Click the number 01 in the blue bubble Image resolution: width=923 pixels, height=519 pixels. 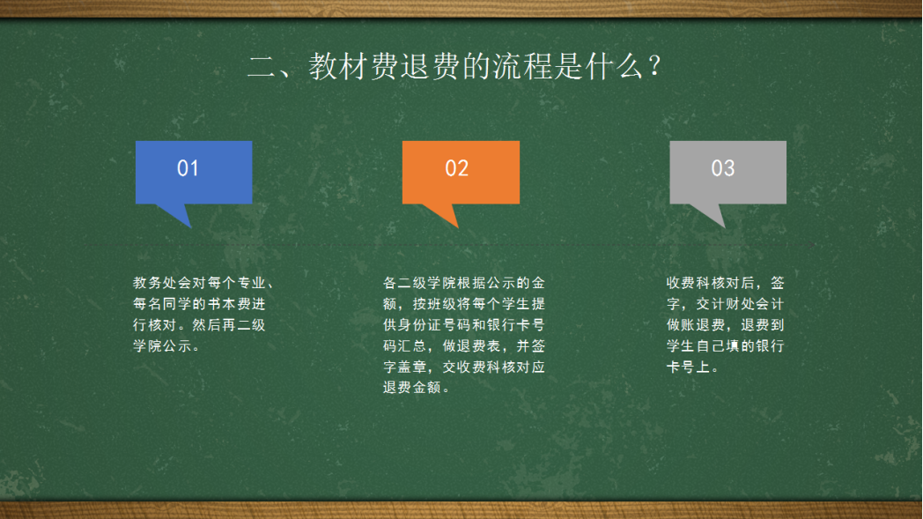[188, 168]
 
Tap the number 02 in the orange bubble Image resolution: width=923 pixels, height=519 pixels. [457, 168]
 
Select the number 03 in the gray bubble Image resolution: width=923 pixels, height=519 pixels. [723, 168]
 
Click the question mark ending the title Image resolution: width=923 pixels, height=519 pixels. [654, 66]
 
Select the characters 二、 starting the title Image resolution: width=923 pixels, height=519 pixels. [277, 66]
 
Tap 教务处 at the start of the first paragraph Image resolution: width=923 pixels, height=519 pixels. [155, 283]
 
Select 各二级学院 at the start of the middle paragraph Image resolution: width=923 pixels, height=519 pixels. [420, 283]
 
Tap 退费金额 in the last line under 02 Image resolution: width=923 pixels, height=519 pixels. [412, 388]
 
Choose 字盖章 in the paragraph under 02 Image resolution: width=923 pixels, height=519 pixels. [405, 367]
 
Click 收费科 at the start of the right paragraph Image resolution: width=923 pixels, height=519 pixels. [688, 283]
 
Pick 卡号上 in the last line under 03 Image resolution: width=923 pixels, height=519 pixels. [688, 367]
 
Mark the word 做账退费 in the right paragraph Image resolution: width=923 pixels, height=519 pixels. [696, 324]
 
